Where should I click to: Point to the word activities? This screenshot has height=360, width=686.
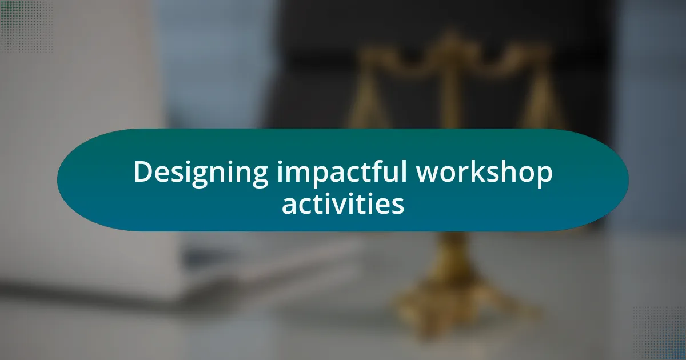click(x=342, y=204)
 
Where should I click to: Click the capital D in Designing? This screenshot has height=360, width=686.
click(x=142, y=172)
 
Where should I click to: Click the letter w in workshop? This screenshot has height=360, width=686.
click(x=428, y=174)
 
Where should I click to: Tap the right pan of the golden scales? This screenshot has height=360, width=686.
click(x=541, y=109)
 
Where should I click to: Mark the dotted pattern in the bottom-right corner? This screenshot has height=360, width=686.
click(x=660, y=334)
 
